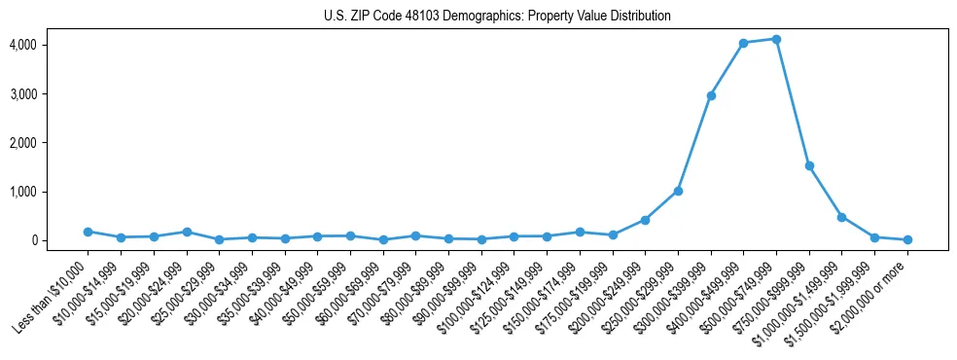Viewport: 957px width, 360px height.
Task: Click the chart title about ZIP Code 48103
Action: click(497, 17)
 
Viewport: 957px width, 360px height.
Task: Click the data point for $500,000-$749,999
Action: click(776, 39)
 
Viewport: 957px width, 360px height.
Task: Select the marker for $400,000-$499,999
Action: click(743, 43)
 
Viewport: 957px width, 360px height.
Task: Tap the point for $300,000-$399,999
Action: click(711, 95)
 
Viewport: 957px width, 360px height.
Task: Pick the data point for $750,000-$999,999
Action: click(809, 166)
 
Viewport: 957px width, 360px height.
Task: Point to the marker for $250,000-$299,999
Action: click(678, 191)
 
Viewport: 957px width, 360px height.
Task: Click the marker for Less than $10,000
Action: click(89, 232)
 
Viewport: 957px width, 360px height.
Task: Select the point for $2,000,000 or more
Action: click(907, 239)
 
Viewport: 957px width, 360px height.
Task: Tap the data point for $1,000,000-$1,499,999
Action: click(841, 217)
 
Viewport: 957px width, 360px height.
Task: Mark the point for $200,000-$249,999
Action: click(645, 220)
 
